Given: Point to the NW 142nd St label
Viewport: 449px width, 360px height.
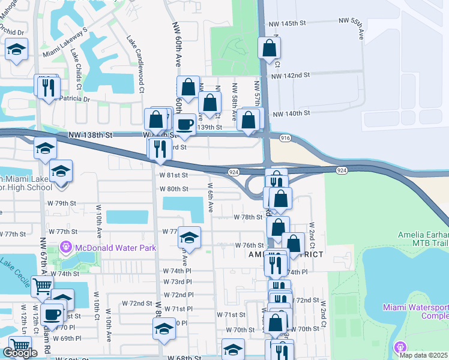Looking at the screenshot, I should pyautogui.click(x=290, y=76).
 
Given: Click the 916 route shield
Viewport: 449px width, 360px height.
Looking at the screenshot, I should pyautogui.click(x=285, y=138).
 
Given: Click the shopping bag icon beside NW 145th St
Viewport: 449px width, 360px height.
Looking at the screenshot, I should pyautogui.click(x=270, y=47).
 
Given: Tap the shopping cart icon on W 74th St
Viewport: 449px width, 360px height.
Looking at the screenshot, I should pyautogui.click(x=41, y=287).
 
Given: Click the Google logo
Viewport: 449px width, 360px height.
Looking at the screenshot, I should pyautogui.click(x=20, y=353).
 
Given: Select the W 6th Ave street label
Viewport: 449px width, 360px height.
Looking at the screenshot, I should pyautogui.click(x=210, y=197).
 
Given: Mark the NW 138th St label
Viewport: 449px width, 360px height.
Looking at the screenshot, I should pyautogui.click(x=90, y=137).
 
